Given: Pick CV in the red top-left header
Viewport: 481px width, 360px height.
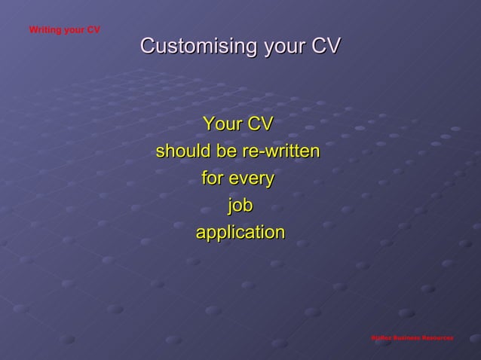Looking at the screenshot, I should pos(94,30).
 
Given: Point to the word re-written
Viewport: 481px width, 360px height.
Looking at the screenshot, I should pos(280,151).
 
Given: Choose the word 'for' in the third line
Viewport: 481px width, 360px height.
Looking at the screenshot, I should pos(212,178).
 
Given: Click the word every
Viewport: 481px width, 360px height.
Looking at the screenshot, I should pos(251,178).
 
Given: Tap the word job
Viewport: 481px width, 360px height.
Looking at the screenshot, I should pos(240,206).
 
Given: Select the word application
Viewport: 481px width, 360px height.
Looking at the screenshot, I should pos(240,233).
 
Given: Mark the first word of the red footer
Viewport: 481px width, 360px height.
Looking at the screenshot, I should pos(380,338).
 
